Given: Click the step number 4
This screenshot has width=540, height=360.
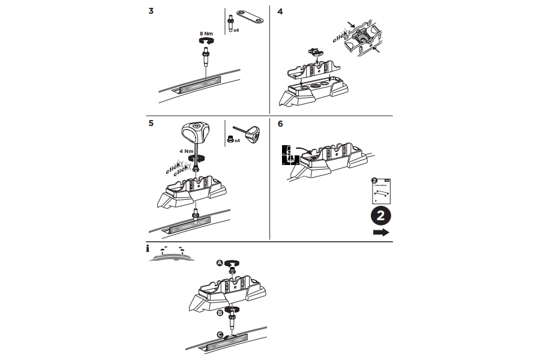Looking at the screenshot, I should (x=280, y=11).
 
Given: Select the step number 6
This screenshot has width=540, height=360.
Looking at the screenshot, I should (x=280, y=124).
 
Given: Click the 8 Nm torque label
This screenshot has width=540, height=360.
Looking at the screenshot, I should (x=206, y=34).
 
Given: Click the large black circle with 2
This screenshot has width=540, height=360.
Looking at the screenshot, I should (x=381, y=215).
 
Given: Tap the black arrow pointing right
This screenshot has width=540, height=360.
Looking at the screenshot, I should (x=381, y=232).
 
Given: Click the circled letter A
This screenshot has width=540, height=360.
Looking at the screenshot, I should (x=220, y=263).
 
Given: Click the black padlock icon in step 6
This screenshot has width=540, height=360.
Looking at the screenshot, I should (x=289, y=154).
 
